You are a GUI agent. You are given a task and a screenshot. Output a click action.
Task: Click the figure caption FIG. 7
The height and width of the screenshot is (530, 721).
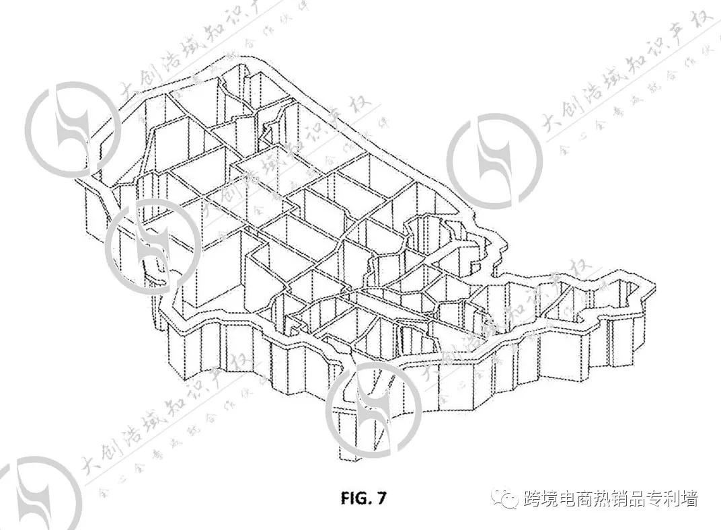tap(363, 498)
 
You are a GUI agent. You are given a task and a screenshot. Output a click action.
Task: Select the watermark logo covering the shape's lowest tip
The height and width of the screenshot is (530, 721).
tap(373, 410)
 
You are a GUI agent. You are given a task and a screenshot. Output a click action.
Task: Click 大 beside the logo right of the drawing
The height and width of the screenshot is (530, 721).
tap(551, 125)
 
